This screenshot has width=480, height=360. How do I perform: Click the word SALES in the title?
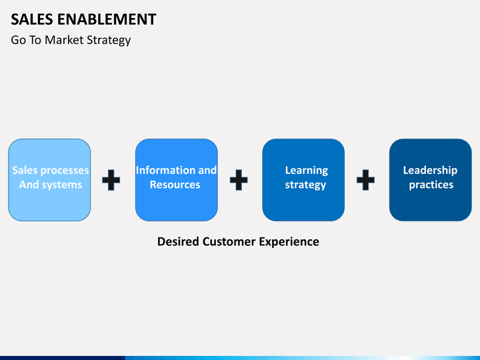(x=32, y=19)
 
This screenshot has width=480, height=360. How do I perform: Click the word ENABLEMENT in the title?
(x=107, y=19)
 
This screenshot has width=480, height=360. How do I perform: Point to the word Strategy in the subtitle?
(x=109, y=41)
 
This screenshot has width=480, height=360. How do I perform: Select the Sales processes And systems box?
(x=49, y=180)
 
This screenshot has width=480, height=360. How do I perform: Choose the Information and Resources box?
(x=177, y=180)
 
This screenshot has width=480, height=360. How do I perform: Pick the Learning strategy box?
(x=303, y=180)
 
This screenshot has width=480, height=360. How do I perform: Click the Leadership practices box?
(x=431, y=180)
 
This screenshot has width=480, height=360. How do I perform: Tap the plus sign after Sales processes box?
(x=111, y=180)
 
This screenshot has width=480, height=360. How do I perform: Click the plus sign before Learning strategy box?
(x=239, y=180)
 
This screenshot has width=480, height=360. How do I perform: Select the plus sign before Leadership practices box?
(x=365, y=180)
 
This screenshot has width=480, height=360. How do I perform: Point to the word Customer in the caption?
(x=229, y=241)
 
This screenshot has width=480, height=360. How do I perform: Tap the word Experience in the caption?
(x=289, y=242)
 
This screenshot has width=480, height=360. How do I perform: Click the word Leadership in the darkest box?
(x=430, y=171)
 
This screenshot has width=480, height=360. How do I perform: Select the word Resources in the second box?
(x=175, y=185)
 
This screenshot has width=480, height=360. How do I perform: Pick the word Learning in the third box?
(x=307, y=171)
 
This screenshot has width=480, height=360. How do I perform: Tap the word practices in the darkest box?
(x=431, y=185)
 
